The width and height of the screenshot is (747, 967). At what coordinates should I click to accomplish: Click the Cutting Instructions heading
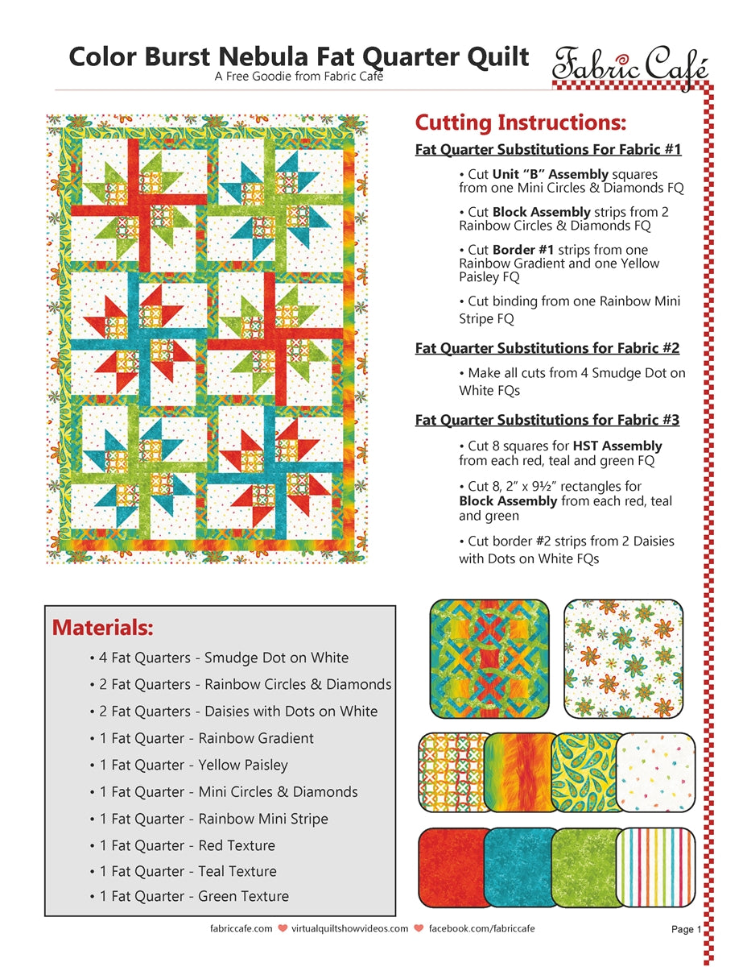pyautogui.click(x=520, y=123)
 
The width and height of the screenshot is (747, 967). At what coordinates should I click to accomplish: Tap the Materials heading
pyautogui.click(x=102, y=627)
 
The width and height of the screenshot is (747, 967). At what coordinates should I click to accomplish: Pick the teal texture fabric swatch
pyautogui.click(x=520, y=865)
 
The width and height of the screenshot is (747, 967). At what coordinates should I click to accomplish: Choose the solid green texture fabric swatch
pyautogui.click(x=584, y=865)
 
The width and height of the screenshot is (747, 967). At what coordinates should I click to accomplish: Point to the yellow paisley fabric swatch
pyautogui.click(x=584, y=771)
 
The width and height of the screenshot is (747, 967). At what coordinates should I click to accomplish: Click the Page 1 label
pyautogui.click(x=686, y=930)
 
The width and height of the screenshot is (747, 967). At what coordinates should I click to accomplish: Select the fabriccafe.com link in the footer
pyautogui.click(x=241, y=929)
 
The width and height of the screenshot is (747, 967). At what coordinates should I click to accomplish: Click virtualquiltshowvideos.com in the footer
pyautogui.click(x=349, y=929)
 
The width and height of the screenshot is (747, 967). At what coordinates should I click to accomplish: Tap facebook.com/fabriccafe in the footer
pyautogui.click(x=481, y=929)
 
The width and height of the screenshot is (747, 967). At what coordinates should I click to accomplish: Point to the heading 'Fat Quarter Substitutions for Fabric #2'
pyautogui.click(x=547, y=348)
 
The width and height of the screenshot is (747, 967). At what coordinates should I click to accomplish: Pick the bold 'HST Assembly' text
pyautogui.click(x=617, y=446)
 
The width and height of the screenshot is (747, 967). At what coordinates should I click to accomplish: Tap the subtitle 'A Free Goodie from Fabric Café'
pyautogui.click(x=299, y=77)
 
